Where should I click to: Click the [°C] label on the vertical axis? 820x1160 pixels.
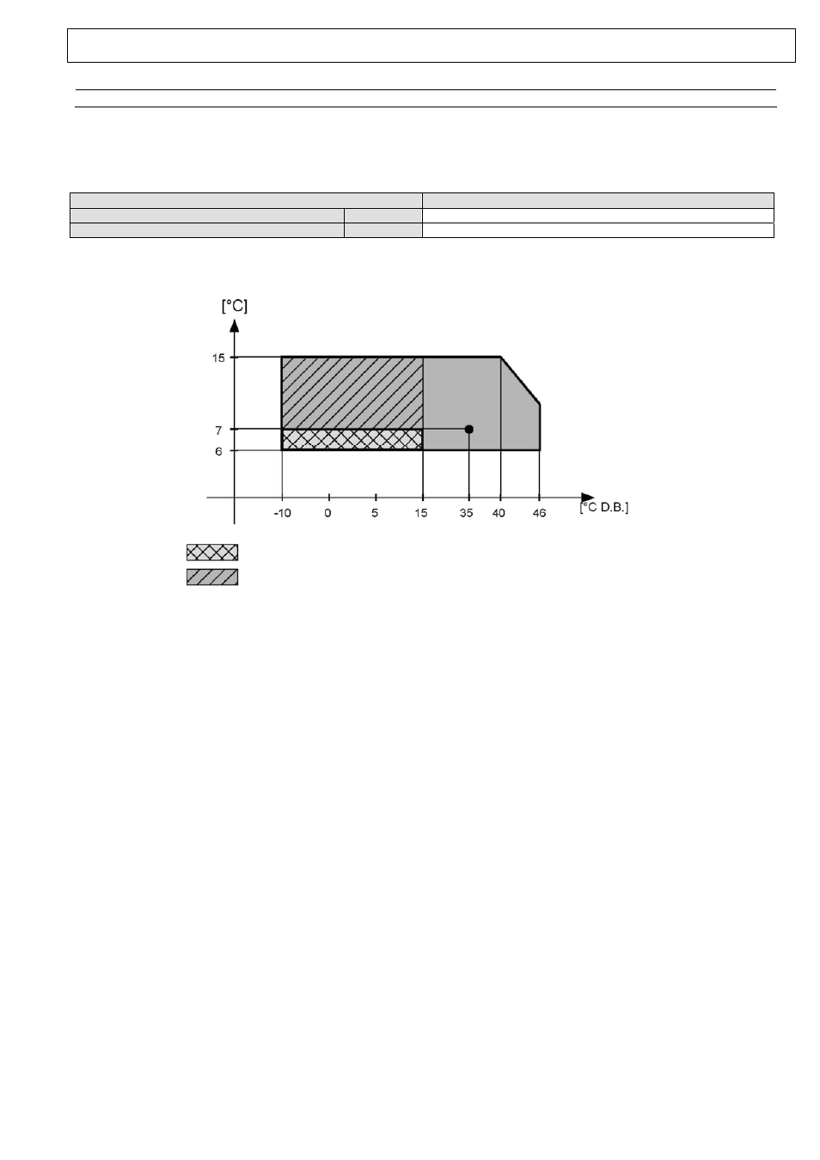point(234,306)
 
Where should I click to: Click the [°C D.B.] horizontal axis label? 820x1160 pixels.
point(604,508)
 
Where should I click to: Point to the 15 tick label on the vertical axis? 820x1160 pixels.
point(218,357)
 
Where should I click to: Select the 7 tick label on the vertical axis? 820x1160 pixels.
point(218,430)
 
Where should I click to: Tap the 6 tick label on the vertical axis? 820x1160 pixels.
point(218,452)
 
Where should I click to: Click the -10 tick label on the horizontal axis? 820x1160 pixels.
point(282,513)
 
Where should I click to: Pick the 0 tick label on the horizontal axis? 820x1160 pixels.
point(327,513)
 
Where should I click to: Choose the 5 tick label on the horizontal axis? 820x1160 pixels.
point(375,513)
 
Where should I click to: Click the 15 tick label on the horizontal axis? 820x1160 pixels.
point(421,513)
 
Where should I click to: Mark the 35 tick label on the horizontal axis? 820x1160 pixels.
point(466,513)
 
